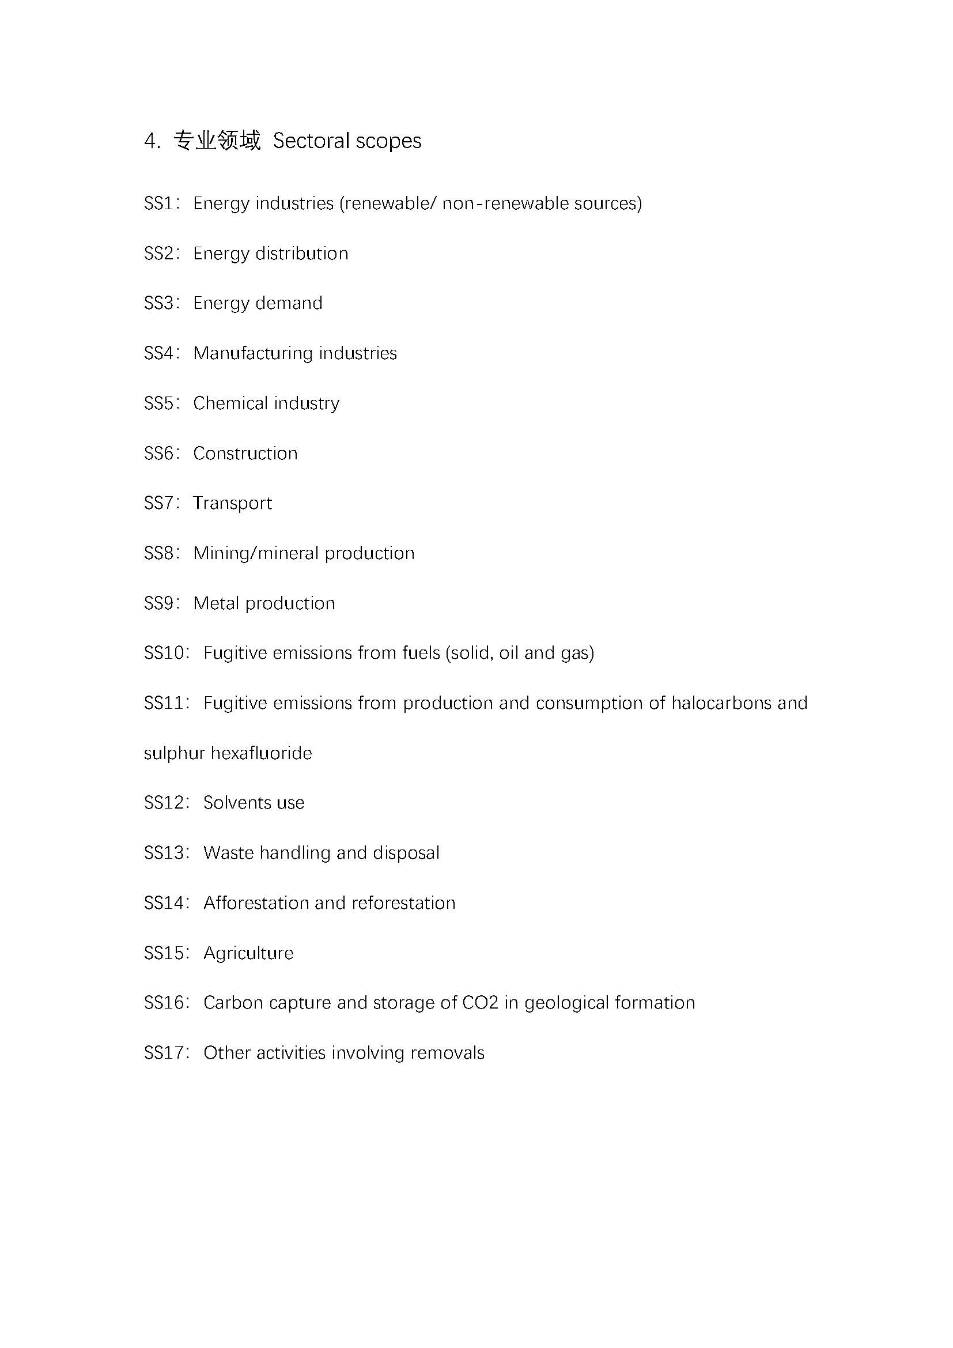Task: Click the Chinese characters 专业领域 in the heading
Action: pyautogui.click(x=217, y=141)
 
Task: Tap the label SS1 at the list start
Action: pyautogui.click(x=158, y=203)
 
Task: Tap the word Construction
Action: pyautogui.click(x=245, y=453)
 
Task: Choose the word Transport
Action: pyautogui.click(x=232, y=504)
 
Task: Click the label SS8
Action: pyautogui.click(x=158, y=553)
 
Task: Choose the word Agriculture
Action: pyautogui.click(x=248, y=953)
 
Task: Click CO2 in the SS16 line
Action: pyautogui.click(x=480, y=1003)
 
